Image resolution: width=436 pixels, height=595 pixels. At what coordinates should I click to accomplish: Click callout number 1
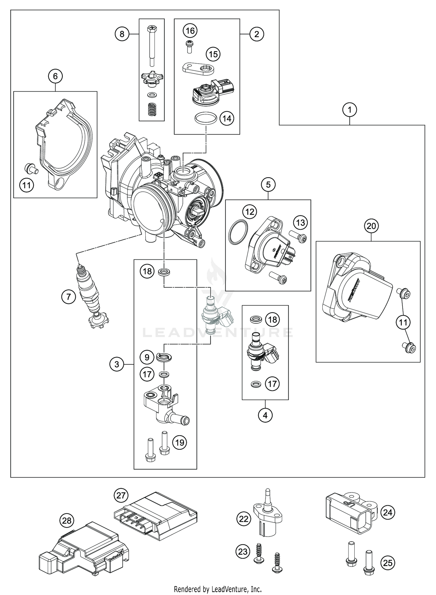pyautogui.click(x=350, y=110)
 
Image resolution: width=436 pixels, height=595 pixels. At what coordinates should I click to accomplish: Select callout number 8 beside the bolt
pyautogui.click(x=122, y=34)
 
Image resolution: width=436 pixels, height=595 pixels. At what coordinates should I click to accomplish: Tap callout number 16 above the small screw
pyautogui.click(x=190, y=31)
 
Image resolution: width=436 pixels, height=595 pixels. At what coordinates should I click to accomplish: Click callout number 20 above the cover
pyautogui.click(x=371, y=226)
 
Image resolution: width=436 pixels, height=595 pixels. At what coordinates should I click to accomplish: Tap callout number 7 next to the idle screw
pyautogui.click(x=68, y=297)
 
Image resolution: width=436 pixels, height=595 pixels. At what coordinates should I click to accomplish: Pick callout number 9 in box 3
pyautogui.click(x=147, y=357)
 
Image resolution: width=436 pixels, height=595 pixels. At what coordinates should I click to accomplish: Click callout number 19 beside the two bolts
pyautogui.click(x=180, y=442)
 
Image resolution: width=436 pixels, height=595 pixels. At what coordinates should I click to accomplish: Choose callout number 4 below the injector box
pyautogui.click(x=265, y=415)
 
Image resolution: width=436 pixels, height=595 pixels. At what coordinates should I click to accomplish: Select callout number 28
pyautogui.click(x=67, y=521)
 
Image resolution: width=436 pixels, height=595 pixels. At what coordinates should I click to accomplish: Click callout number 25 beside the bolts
pyautogui.click(x=388, y=563)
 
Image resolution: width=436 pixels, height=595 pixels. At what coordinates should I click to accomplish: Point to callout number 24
pyautogui.click(x=388, y=512)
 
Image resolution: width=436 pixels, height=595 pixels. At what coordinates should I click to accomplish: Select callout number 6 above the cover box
pyautogui.click(x=55, y=76)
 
